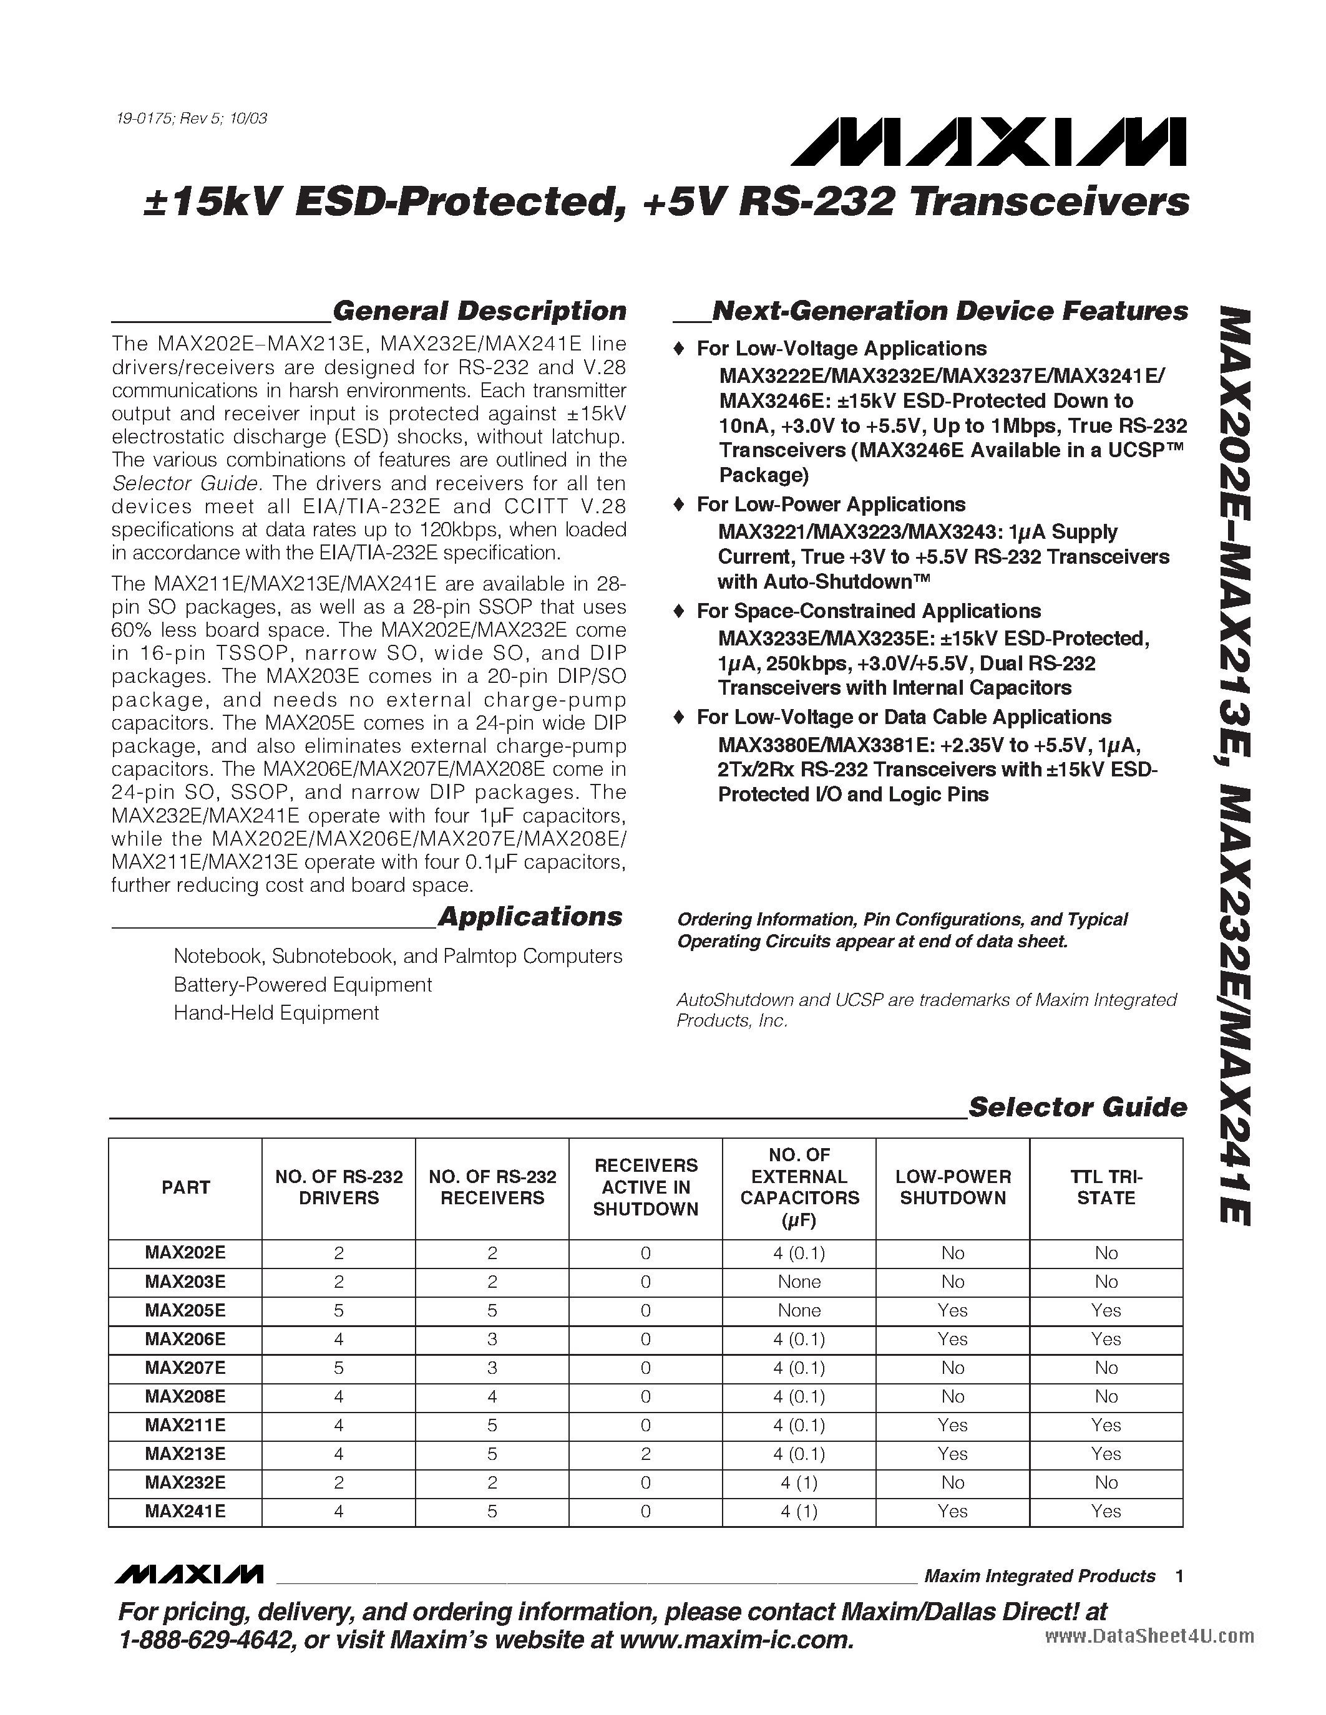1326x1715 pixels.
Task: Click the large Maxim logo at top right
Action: coord(988,143)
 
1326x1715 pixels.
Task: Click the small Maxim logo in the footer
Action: coord(188,1575)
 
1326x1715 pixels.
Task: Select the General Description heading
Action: coord(479,311)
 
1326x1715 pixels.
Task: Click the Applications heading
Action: coord(529,916)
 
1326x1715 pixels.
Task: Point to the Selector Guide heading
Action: coord(1077,1107)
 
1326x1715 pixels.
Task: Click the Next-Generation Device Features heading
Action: coord(949,311)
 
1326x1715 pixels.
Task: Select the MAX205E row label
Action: coord(185,1311)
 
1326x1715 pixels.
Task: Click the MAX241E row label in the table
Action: coord(185,1512)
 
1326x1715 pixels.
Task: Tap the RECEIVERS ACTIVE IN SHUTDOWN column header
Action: coord(646,1187)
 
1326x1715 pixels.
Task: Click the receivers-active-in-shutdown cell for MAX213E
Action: coord(646,1454)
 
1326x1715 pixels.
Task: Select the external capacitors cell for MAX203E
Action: coord(799,1282)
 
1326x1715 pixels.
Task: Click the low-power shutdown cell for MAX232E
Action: coord(952,1482)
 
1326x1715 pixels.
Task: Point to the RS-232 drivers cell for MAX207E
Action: coord(339,1368)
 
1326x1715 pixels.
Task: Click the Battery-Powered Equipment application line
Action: coord(303,985)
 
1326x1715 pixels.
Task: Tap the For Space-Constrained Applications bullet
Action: coord(868,611)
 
